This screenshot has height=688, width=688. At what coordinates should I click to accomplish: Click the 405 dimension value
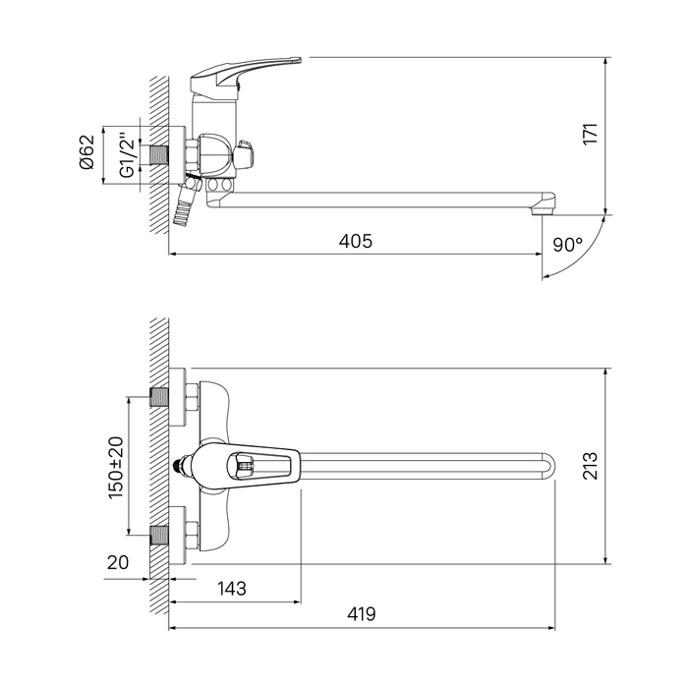point(356,242)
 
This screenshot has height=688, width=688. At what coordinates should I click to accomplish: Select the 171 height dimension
point(591,134)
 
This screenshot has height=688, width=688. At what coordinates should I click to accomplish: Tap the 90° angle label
point(568,245)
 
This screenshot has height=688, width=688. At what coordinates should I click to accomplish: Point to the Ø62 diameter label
point(86,151)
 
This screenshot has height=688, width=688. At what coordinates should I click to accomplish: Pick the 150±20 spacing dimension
point(116,468)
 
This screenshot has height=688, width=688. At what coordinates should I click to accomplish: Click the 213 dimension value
point(591,466)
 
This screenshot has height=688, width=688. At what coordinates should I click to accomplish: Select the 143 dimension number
point(232,589)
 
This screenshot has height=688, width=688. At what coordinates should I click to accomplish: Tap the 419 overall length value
point(362,614)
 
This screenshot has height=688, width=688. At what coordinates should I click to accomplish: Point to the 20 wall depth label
point(118,562)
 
